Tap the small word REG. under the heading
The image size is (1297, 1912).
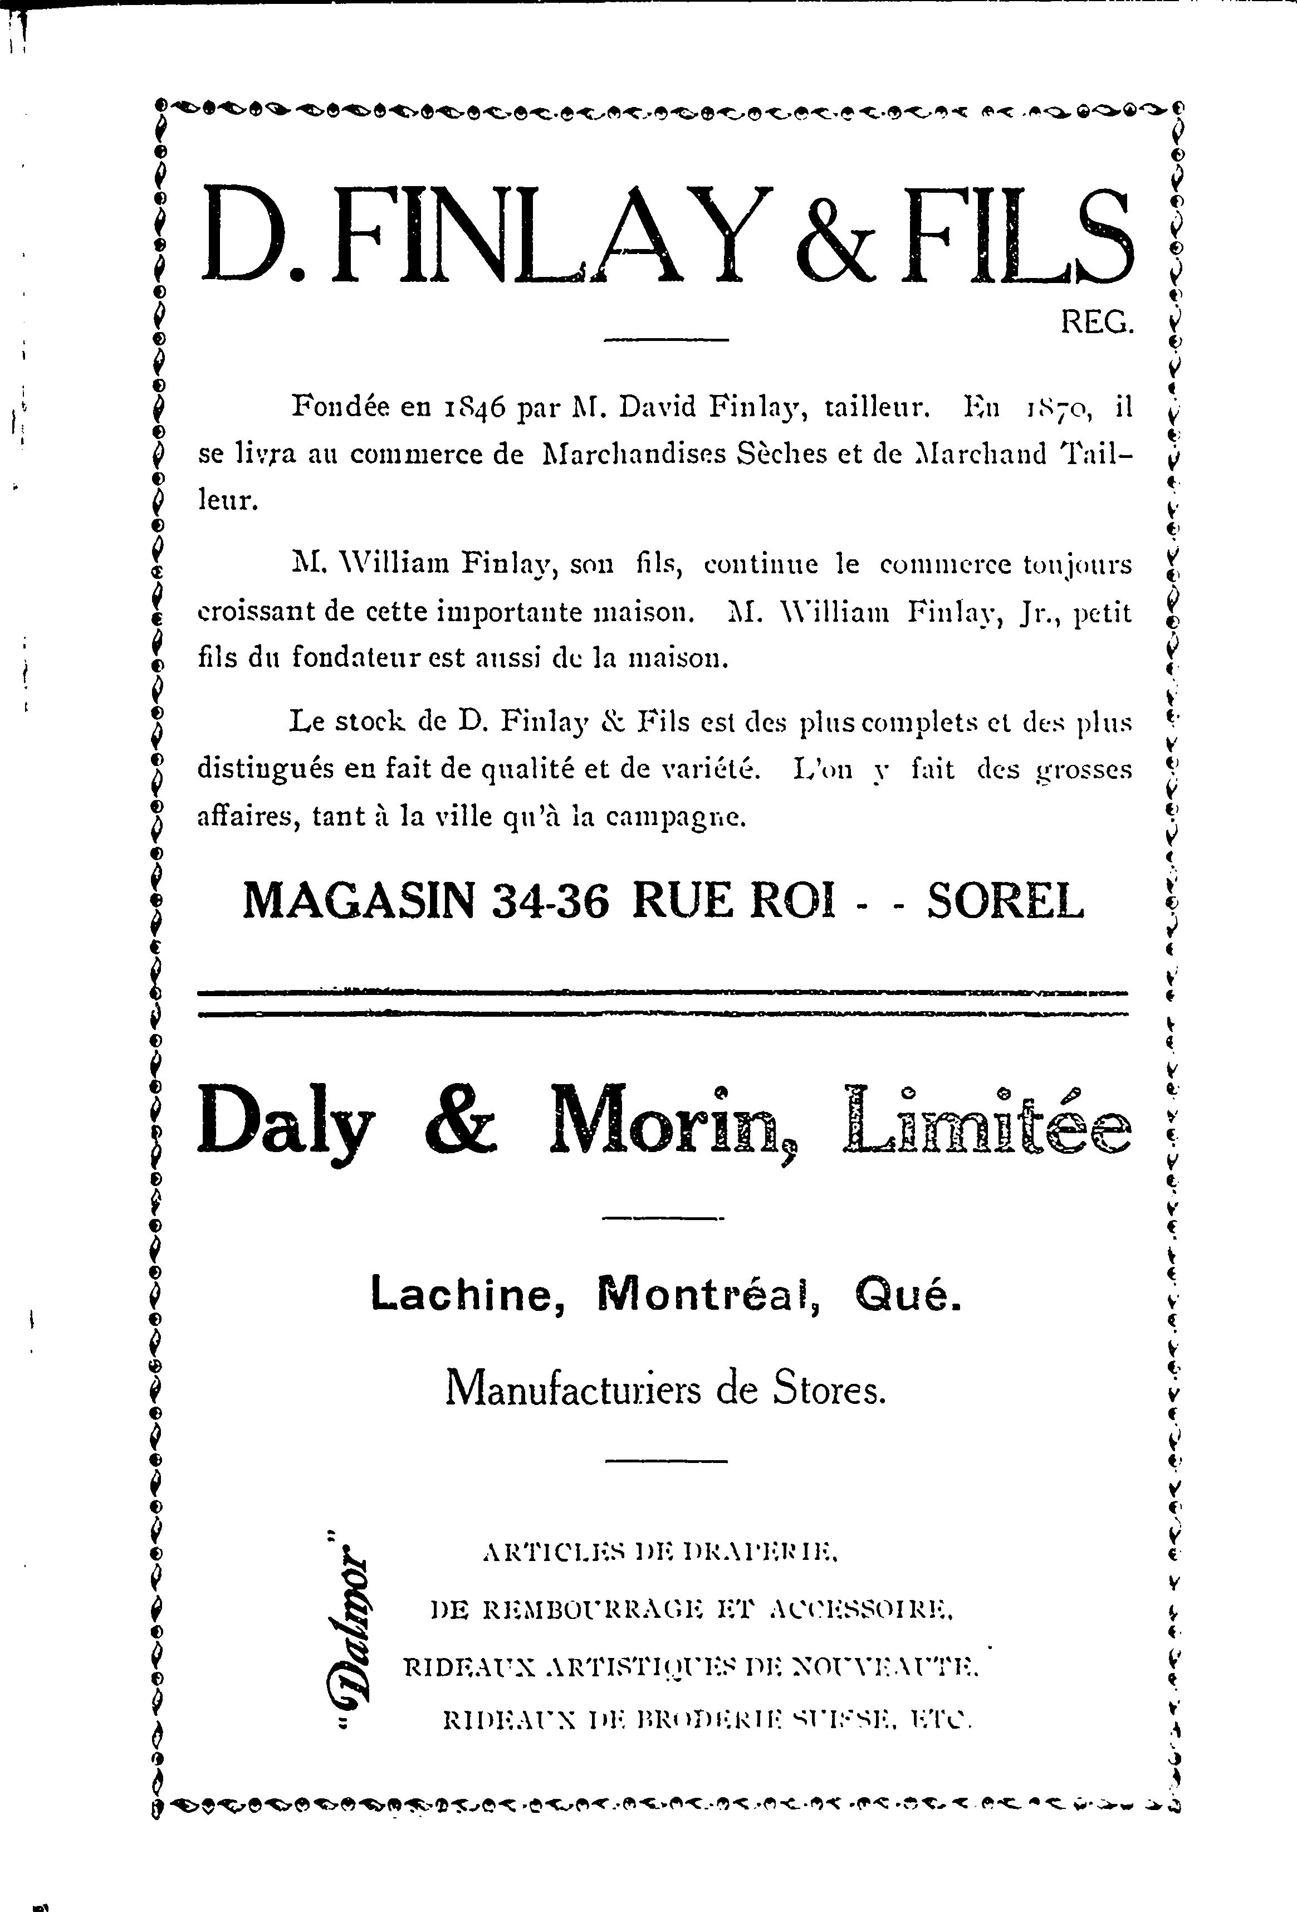pos(1097,323)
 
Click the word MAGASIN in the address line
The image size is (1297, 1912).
pos(359,902)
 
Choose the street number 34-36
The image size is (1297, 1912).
pos(551,903)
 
